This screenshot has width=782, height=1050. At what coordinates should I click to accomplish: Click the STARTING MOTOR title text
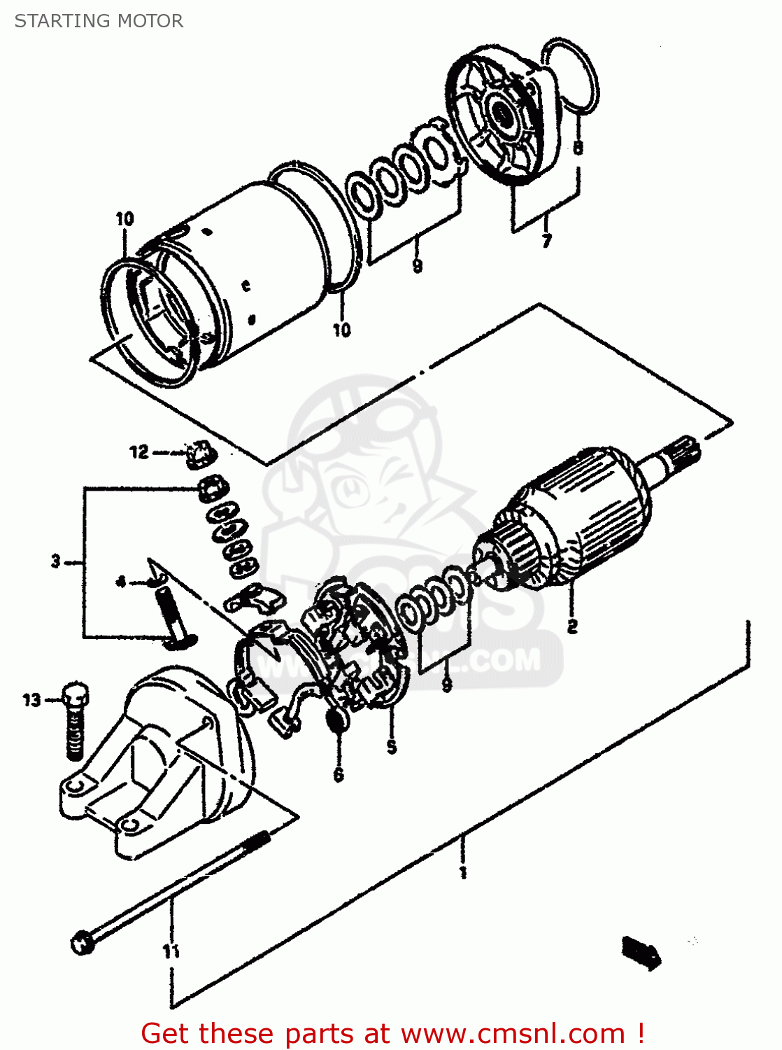coord(99,21)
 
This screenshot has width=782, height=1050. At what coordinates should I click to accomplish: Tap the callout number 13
coord(32,699)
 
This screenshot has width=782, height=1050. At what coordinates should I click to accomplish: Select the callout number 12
coord(139,452)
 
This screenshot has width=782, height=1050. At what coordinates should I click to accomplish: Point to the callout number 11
coord(171,951)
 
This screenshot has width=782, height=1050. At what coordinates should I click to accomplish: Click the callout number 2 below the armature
coord(572,626)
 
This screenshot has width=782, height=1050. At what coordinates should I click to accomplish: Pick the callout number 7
coord(546,241)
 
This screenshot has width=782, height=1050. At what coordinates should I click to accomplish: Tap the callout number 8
coord(578,147)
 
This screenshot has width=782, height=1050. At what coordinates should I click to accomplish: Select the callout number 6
coord(339,773)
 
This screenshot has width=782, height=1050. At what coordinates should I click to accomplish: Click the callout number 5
coord(392,747)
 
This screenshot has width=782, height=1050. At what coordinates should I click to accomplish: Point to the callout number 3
coord(56,561)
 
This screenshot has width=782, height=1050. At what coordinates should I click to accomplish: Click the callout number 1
coord(462,871)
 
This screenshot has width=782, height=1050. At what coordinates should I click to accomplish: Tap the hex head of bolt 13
coord(76,694)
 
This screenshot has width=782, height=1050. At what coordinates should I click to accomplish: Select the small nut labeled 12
coord(199,453)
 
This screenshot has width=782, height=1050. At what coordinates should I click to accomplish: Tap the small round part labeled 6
coord(337,720)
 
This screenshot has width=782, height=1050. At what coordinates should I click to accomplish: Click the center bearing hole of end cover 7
coord(502,112)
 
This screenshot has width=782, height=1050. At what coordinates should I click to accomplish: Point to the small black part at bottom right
coord(641,953)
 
